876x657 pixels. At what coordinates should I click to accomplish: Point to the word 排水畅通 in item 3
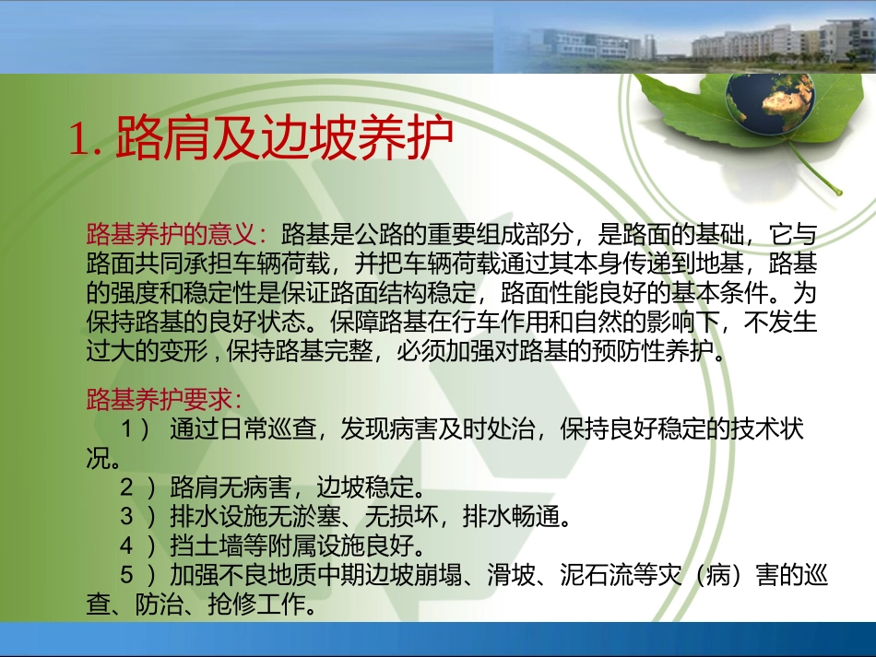pos(510,513)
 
